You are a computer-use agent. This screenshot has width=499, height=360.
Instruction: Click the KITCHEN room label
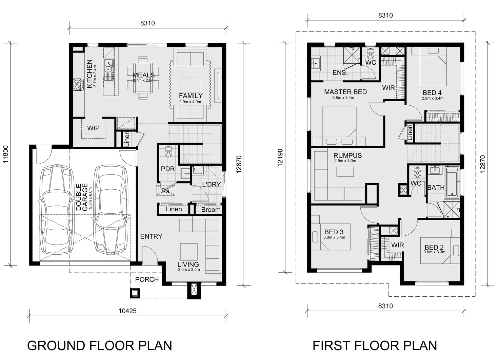click(89, 74)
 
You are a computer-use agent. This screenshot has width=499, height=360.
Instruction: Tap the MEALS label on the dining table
click(143, 75)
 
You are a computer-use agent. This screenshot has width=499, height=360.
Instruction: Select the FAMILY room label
click(191, 96)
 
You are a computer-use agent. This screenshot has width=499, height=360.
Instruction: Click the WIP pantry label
click(93, 128)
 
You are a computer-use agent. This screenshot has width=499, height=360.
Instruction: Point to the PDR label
click(167, 169)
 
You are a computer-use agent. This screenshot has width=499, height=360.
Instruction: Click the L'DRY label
click(211, 184)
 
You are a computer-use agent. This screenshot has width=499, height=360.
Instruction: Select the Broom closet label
click(211, 210)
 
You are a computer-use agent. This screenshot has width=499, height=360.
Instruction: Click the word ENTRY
click(151, 236)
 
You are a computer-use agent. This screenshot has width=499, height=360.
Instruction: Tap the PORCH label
click(147, 279)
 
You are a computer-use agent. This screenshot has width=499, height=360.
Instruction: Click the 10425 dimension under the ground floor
click(128, 311)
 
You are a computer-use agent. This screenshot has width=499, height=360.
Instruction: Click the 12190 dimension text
click(280, 157)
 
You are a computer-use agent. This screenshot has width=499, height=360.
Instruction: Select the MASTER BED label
click(345, 92)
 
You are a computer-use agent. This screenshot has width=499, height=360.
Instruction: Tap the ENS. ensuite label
click(340, 72)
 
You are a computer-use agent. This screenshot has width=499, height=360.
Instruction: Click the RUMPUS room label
click(347, 155)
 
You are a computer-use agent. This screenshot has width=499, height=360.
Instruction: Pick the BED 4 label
click(432, 93)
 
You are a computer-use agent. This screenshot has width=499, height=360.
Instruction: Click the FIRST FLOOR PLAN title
click(375, 346)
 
